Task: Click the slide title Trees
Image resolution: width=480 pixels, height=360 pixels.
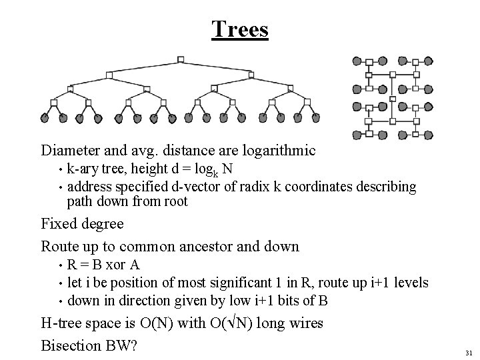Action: click(240, 29)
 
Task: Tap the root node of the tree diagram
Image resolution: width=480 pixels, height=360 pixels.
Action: click(181, 59)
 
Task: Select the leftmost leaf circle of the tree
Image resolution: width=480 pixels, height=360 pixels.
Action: click(45, 118)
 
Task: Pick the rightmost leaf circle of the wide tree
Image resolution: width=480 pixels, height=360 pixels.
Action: click(317, 118)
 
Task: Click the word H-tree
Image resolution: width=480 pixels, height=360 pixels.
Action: click(63, 323)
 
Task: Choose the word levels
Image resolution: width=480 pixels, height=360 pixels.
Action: click(411, 283)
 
